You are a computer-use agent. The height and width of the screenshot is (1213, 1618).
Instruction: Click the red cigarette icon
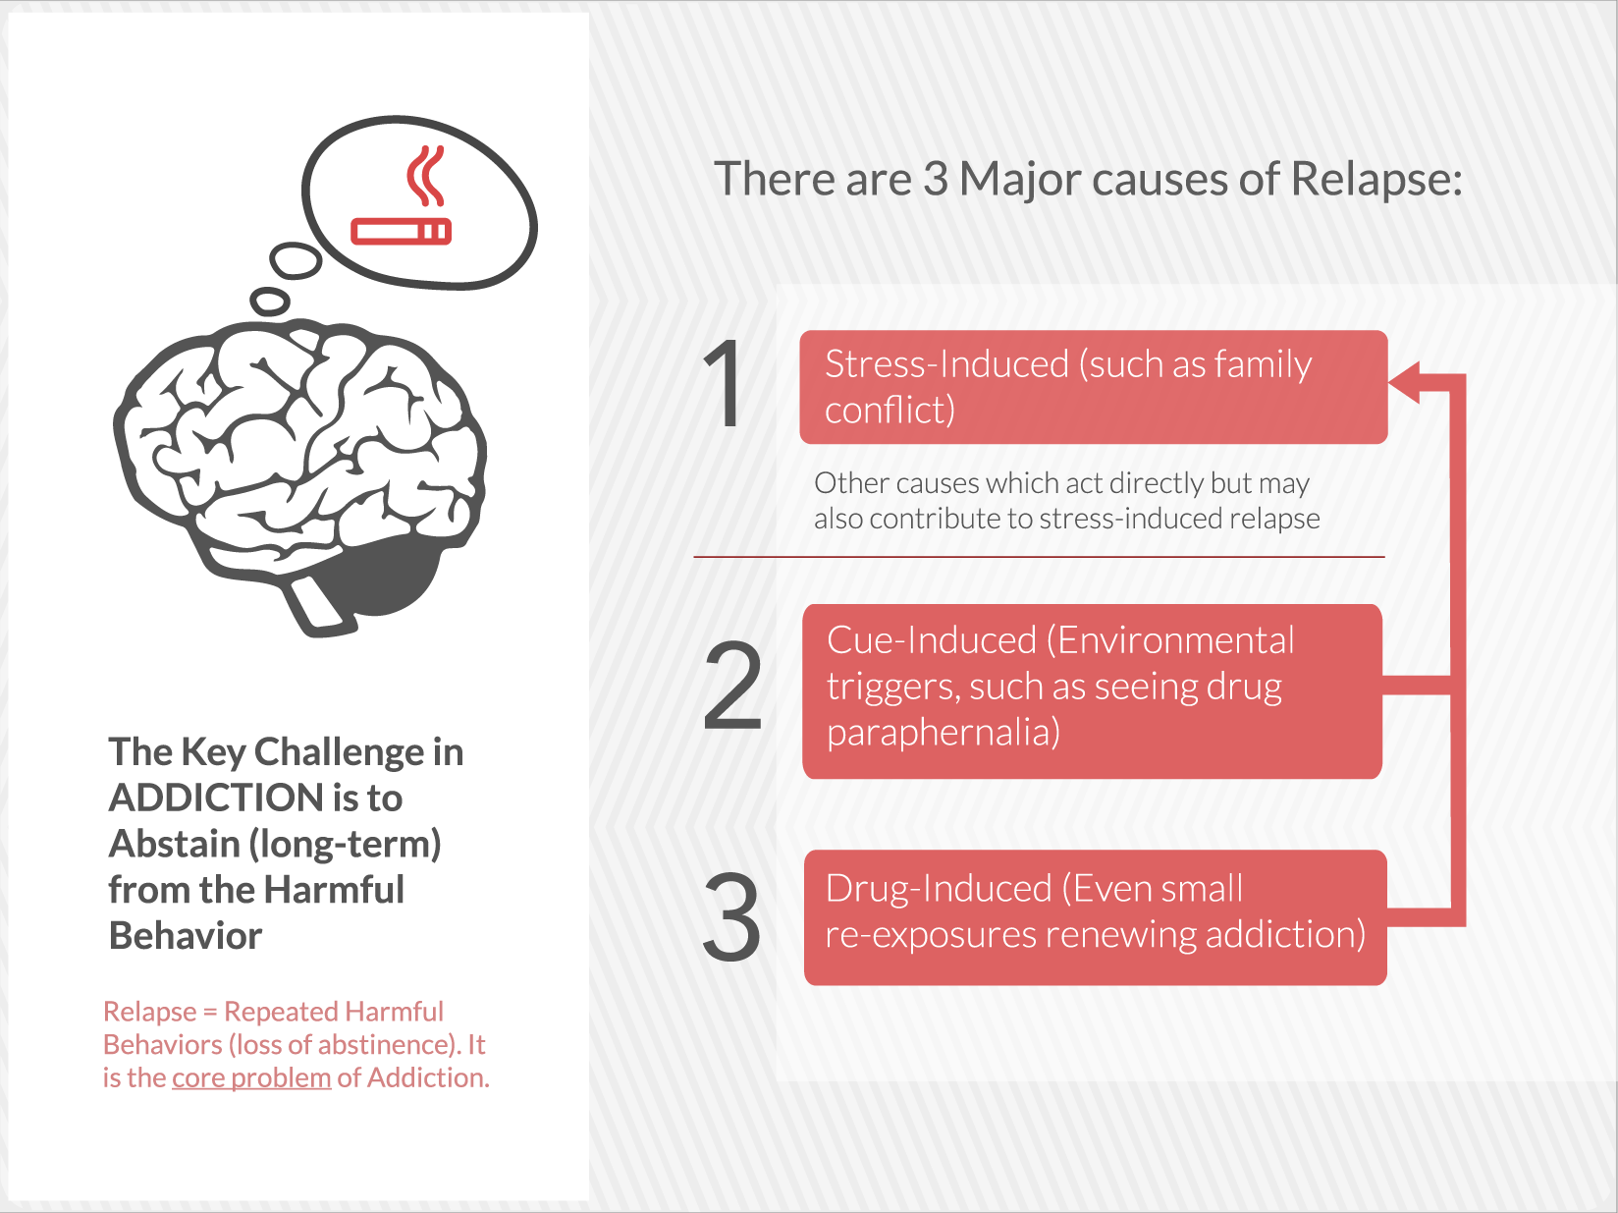(401, 231)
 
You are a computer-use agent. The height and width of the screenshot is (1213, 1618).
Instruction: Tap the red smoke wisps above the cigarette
(425, 176)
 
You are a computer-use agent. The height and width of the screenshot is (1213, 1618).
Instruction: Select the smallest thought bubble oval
(270, 301)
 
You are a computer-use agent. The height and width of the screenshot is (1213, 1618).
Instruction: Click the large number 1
(724, 383)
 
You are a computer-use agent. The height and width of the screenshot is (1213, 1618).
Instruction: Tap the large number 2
(732, 685)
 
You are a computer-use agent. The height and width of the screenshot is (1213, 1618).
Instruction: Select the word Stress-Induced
(946, 364)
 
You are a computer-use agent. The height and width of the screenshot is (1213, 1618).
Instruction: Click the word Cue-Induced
(932, 640)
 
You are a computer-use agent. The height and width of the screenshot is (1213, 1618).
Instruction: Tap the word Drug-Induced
(939, 888)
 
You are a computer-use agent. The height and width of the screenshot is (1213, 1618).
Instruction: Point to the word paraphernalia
(944, 733)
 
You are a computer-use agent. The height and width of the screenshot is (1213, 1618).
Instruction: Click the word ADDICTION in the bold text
(216, 798)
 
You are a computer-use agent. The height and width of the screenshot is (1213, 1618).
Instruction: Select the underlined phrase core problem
(251, 1078)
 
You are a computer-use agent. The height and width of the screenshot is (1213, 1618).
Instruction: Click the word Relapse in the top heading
(1376, 179)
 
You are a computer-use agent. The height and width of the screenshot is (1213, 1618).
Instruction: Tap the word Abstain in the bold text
(174, 845)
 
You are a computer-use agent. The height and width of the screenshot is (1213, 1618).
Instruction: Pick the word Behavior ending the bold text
(185, 936)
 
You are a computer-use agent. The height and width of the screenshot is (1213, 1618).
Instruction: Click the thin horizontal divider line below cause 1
(1040, 557)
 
